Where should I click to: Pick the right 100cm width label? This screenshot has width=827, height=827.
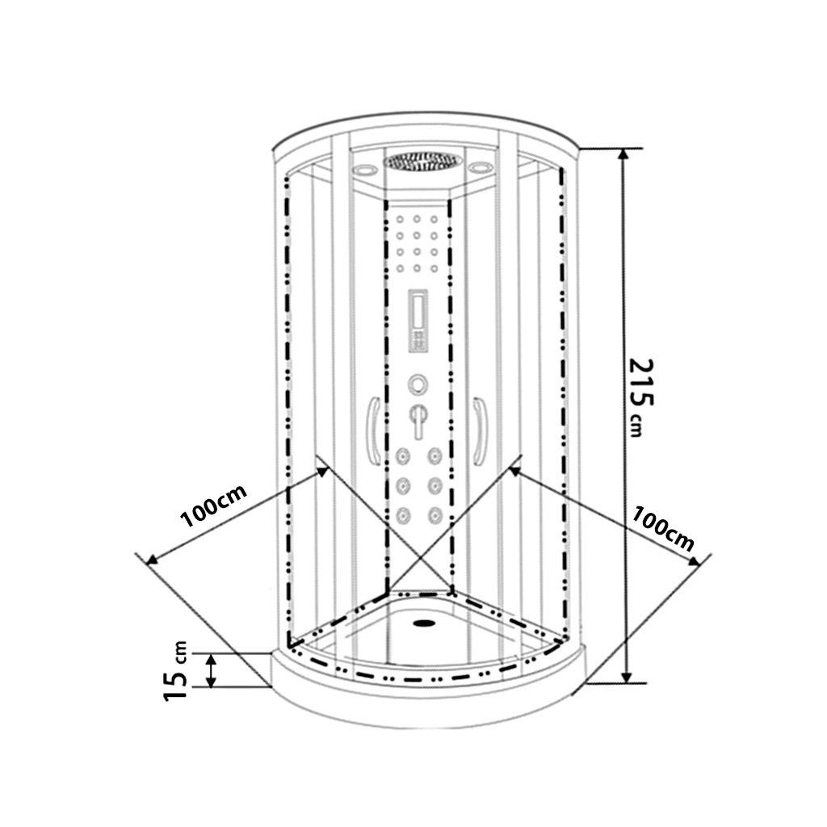point(662,528)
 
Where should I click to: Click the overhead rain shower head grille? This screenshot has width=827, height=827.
point(422,161)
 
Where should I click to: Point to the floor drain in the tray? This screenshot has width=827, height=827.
point(424,623)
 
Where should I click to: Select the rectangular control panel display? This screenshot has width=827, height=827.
point(418,321)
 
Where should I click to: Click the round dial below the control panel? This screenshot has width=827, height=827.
point(418,384)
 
